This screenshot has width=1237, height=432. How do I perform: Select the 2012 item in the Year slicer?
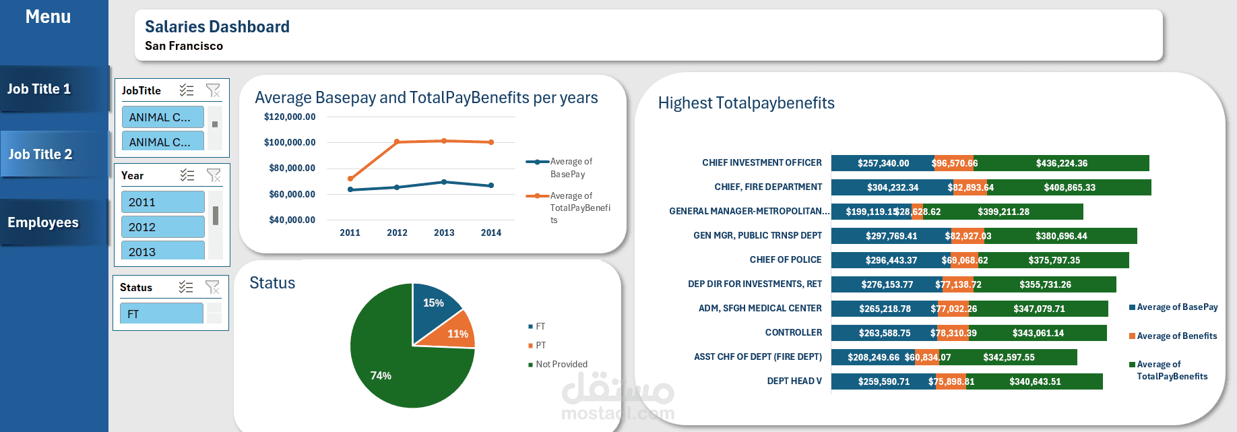point(162,227)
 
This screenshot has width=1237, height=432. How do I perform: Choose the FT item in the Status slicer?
point(161,314)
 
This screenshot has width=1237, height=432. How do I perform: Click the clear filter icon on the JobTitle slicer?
point(213,90)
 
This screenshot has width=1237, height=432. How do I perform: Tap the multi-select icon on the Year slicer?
point(187,175)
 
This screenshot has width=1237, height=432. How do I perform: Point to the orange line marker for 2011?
point(350,179)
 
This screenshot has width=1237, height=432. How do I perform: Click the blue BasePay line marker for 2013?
point(444,182)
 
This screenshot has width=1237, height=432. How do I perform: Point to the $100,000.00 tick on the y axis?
point(290,142)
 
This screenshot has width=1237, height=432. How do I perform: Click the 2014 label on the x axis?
point(491,233)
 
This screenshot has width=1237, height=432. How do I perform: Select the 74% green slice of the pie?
point(398,371)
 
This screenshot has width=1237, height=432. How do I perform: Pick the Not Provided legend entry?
point(561,364)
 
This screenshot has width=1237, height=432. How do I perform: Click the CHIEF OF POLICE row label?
point(785,259)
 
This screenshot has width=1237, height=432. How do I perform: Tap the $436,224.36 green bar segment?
point(1062,163)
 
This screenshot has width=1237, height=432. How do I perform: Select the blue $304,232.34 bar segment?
point(892,187)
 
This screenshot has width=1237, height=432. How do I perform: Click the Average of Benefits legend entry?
point(1176,336)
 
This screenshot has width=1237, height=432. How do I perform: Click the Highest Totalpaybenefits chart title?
point(746,103)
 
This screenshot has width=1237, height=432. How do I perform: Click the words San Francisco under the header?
point(184,46)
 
